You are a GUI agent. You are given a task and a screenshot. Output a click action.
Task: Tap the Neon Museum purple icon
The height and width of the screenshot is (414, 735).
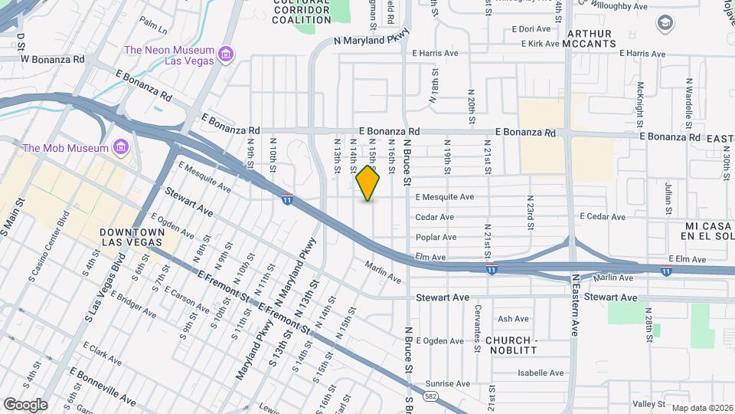[225, 53]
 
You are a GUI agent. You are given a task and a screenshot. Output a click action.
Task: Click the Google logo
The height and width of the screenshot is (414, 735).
[25, 404]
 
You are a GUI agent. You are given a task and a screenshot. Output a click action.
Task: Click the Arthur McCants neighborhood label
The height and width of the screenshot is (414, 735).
[590, 38]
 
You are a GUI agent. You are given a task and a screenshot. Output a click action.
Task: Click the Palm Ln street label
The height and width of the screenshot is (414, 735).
[153, 29]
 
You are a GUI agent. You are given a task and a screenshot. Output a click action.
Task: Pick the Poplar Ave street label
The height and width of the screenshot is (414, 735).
[436, 237]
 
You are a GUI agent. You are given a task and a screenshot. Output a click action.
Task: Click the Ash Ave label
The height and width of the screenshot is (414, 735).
[513, 319]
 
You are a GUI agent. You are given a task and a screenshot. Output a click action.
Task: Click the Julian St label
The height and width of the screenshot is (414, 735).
[668, 198]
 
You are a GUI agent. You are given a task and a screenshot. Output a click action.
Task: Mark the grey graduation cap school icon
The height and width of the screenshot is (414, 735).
[665, 23]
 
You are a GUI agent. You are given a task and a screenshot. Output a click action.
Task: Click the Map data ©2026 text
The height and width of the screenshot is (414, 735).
[701, 408]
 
